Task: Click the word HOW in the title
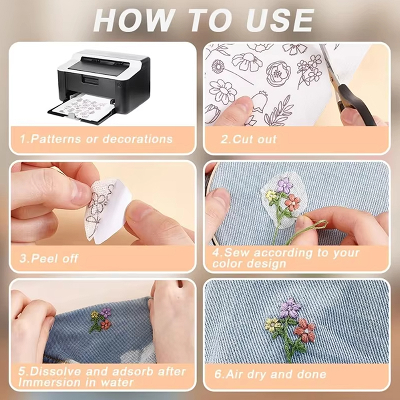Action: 134,20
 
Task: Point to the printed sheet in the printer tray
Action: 82,107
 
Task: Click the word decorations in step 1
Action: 137,139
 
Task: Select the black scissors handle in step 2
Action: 355,104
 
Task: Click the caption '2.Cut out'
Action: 248,139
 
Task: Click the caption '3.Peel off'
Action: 48,258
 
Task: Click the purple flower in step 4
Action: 284,185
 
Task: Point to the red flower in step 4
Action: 292,202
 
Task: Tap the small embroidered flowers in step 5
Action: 100,320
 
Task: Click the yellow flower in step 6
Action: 272,324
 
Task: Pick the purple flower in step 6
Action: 290,308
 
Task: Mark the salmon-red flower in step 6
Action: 305,330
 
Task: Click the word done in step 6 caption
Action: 312,374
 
